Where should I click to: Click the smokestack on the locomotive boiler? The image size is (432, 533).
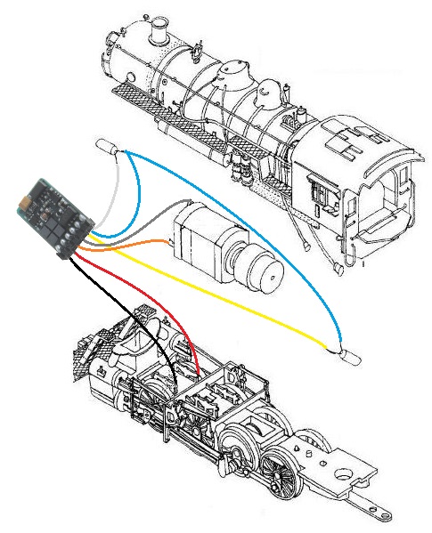161,35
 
